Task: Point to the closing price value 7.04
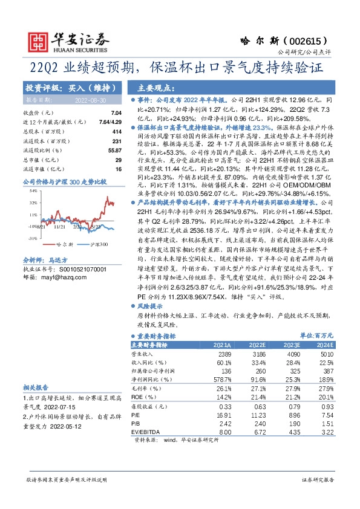[x=117, y=113]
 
